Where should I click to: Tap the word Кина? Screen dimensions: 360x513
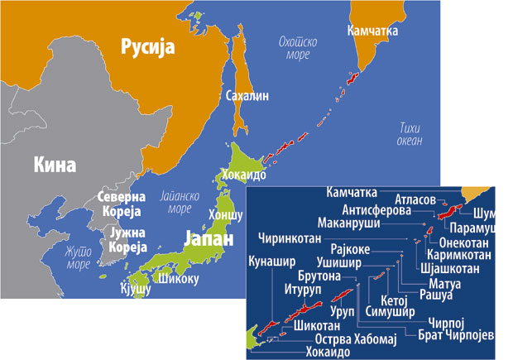(55, 165)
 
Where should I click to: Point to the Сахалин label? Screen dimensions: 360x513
(247, 96)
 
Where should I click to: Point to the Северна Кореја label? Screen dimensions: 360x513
(121, 204)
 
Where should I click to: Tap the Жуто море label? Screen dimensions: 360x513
(79, 258)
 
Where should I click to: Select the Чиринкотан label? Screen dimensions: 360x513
(295, 236)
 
